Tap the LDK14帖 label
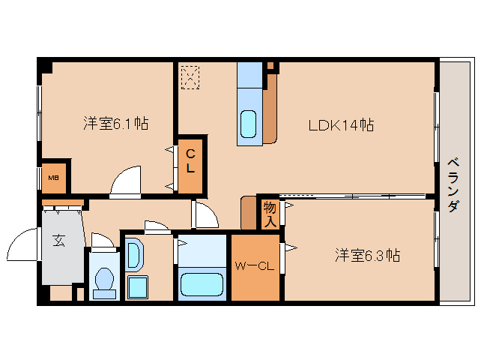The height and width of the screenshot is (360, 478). [x=341, y=125]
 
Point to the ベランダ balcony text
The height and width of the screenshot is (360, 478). [x=453, y=184]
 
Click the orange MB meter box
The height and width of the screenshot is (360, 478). [x=54, y=178]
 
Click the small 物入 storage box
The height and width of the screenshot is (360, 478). [x=270, y=214]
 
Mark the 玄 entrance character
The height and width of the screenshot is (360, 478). [x=59, y=241]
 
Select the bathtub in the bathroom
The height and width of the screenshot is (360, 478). [x=202, y=286]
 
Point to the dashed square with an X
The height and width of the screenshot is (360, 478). [x=190, y=76]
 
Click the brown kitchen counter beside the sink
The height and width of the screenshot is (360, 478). [x=270, y=109]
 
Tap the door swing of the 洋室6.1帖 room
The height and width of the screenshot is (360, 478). [x=125, y=181]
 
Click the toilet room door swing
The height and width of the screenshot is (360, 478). [x=101, y=239]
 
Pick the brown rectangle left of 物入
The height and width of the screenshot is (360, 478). [x=248, y=213]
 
